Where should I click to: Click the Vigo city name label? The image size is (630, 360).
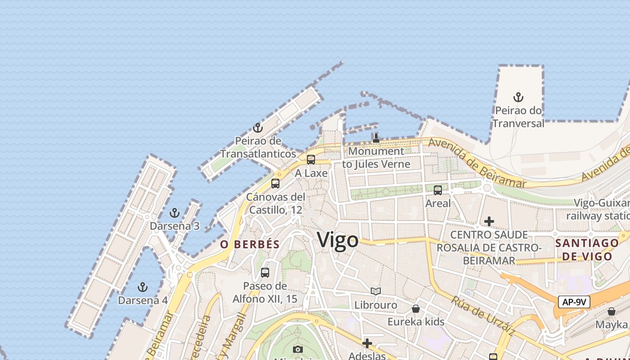point(338,240)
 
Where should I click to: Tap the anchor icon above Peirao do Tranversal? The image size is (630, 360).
point(518,97)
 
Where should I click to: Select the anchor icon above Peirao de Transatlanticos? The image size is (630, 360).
point(257,128)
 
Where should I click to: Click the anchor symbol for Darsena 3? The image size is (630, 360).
point(174,213)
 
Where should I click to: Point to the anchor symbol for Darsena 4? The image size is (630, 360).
point(143,287)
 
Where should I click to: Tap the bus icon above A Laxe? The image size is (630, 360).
point(310,160)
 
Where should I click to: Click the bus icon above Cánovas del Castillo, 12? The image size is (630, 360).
point(275,184)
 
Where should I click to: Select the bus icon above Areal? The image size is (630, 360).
point(438,190)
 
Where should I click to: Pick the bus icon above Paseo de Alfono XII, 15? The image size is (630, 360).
point(265,273)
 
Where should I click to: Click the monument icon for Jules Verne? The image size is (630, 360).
point(376,138)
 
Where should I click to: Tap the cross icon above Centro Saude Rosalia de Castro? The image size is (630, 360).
point(489,221)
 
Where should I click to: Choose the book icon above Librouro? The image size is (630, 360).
point(376,292)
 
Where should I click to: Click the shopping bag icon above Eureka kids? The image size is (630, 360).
point(416,309)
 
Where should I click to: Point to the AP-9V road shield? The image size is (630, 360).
point(574,301)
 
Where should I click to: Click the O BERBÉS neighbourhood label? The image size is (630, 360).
point(250,244)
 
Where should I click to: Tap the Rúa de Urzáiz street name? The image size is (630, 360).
point(483,316)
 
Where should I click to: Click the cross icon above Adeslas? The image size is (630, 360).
point(367,344)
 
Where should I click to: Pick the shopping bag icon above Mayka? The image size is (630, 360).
point(611,311)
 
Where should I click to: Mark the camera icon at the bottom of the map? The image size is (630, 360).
point(297,349)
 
